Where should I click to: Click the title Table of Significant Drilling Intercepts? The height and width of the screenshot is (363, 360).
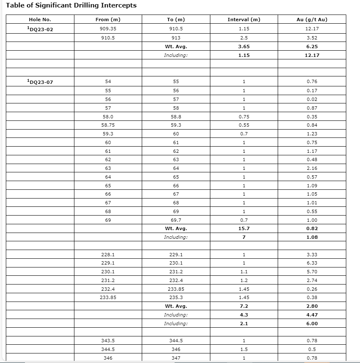(71, 5)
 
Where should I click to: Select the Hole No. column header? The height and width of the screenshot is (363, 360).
(40, 20)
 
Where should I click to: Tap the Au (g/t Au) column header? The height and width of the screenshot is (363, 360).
(311, 20)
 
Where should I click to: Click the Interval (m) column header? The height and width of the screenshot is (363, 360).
(244, 20)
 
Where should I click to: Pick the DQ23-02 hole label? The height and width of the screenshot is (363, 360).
(40, 29)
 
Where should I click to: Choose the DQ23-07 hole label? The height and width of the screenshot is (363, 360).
(40, 82)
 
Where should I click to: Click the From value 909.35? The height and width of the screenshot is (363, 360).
(108, 29)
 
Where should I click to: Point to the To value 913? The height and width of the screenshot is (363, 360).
(176, 38)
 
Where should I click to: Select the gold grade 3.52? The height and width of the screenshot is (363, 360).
(311, 38)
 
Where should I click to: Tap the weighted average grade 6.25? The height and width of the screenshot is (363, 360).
(311, 47)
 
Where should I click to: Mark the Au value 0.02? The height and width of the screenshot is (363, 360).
(311, 99)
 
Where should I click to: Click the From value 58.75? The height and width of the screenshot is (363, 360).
(108, 125)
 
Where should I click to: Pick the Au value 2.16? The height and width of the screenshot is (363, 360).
(311, 168)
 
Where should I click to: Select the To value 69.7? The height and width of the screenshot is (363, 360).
(176, 220)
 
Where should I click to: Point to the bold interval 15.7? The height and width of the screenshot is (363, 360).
(244, 228)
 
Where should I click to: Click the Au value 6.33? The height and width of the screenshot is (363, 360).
(311, 263)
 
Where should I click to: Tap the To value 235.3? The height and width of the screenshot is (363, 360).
(176, 297)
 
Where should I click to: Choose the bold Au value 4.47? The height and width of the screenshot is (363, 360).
(311, 315)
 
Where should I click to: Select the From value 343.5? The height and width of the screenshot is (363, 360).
(108, 341)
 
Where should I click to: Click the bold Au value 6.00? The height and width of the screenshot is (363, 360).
(311, 324)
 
